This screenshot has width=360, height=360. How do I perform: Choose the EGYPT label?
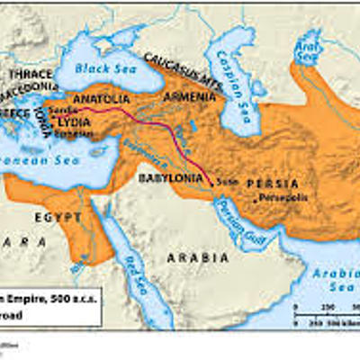(x=58, y=218)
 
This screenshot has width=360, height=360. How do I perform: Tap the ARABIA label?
(x=193, y=256)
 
